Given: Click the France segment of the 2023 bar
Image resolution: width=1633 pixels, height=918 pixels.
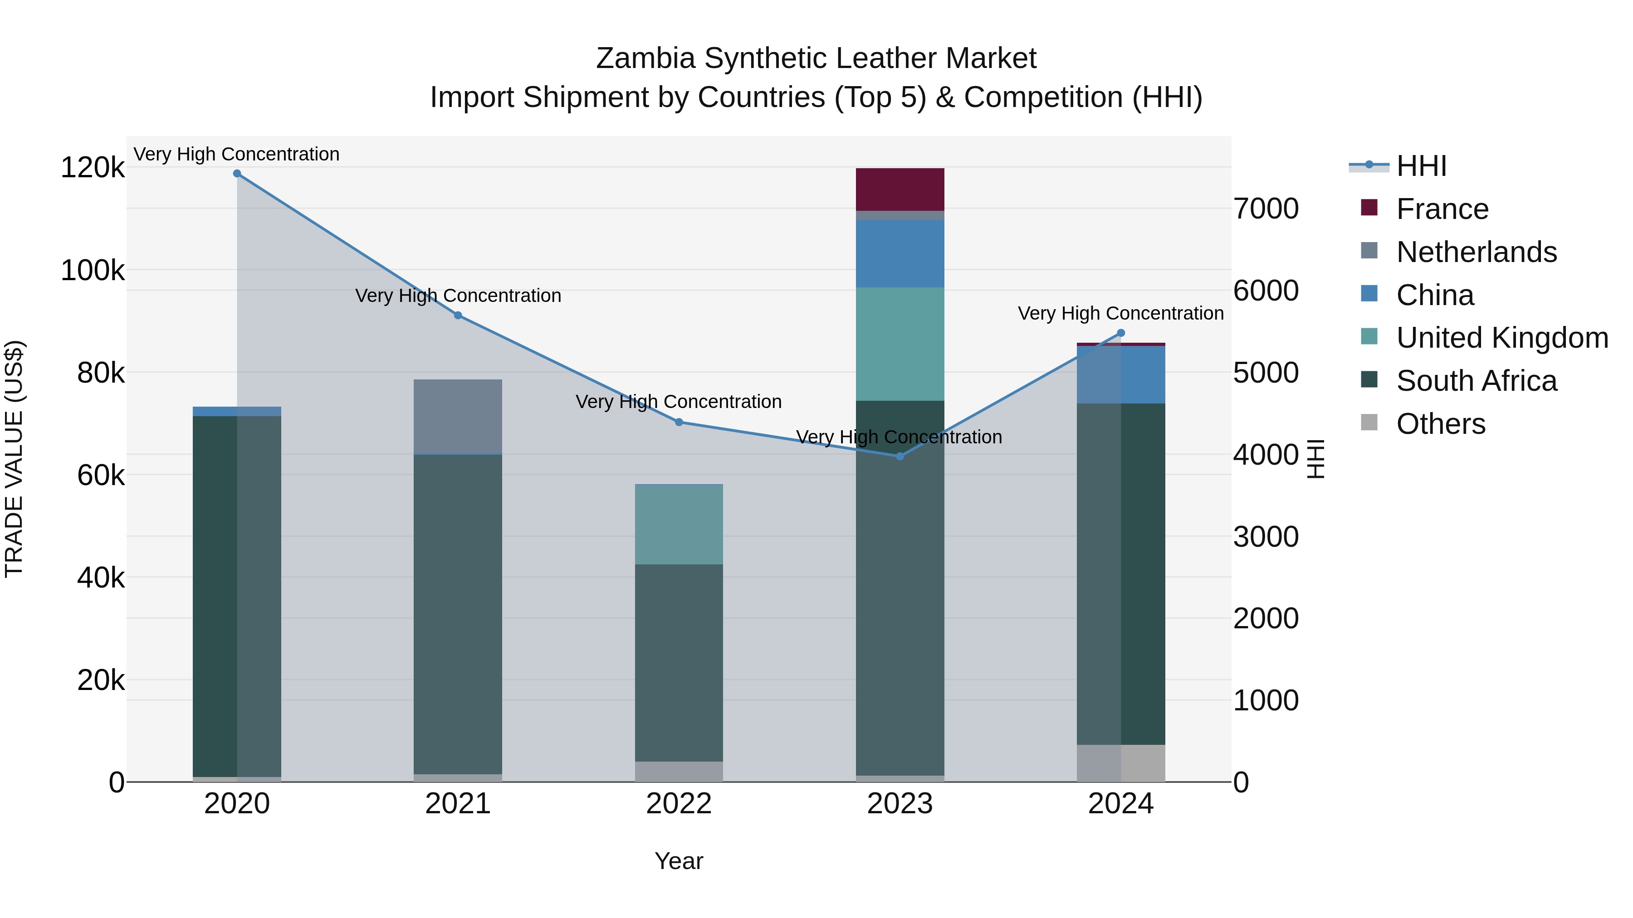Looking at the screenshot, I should point(900,189).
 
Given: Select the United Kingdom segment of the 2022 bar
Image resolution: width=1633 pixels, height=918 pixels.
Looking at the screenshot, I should point(679,524).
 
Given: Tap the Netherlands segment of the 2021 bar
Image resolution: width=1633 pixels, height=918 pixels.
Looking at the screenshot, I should point(458,416).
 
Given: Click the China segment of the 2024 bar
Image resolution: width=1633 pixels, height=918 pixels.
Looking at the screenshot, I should point(1121,374).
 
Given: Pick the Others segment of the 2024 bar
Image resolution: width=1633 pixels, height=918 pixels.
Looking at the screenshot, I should point(1121,763).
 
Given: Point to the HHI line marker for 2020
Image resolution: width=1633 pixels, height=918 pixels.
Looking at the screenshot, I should point(237,174).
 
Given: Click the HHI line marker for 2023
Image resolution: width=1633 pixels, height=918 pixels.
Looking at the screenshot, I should point(900,456).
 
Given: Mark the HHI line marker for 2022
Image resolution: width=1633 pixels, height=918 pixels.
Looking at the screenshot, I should point(679,422).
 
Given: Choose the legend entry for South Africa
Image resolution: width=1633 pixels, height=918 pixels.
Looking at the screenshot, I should point(1476,381).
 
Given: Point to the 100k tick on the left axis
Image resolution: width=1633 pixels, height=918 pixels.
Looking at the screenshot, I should point(93,271).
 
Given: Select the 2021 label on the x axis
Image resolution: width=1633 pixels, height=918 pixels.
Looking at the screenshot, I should point(458,804).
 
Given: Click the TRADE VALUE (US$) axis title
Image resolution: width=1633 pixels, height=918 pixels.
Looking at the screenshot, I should point(14,459).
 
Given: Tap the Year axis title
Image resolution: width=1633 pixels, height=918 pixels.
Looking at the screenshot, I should point(679,861).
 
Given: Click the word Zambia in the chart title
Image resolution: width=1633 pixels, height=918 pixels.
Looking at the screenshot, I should point(646,58).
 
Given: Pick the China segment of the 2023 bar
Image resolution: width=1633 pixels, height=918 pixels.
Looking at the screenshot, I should point(900,253).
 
